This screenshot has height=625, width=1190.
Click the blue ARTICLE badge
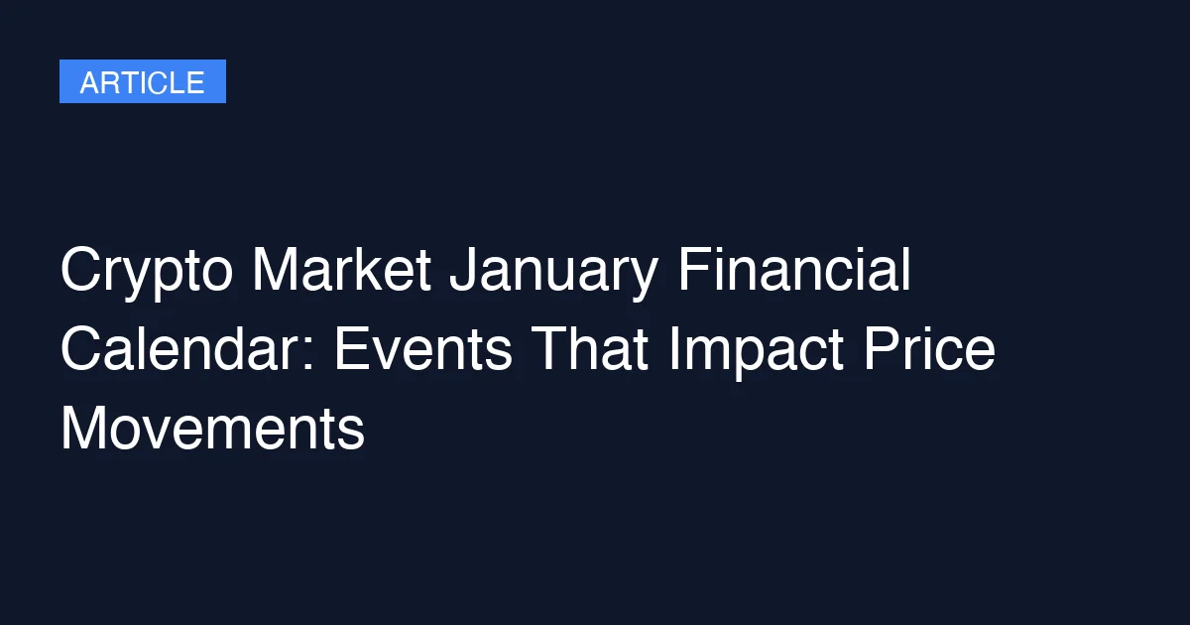pyautogui.click(x=142, y=81)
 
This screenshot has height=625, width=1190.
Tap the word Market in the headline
pyautogui.click(x=341, y=271)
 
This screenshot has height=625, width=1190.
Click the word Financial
pyautogui.click(x=794, y=271)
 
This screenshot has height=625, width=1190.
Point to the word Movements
pyautogui.click(x=212, y=430)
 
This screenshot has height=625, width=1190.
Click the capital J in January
pyautogui.click(x=459, y=271)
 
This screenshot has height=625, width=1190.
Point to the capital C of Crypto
pyautogui.click(x=81, y=271)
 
